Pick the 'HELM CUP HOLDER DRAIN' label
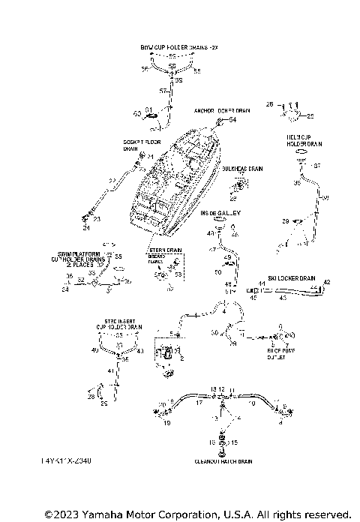(304, 139)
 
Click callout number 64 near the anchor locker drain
(232, 120)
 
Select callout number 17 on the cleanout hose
(199, 403)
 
